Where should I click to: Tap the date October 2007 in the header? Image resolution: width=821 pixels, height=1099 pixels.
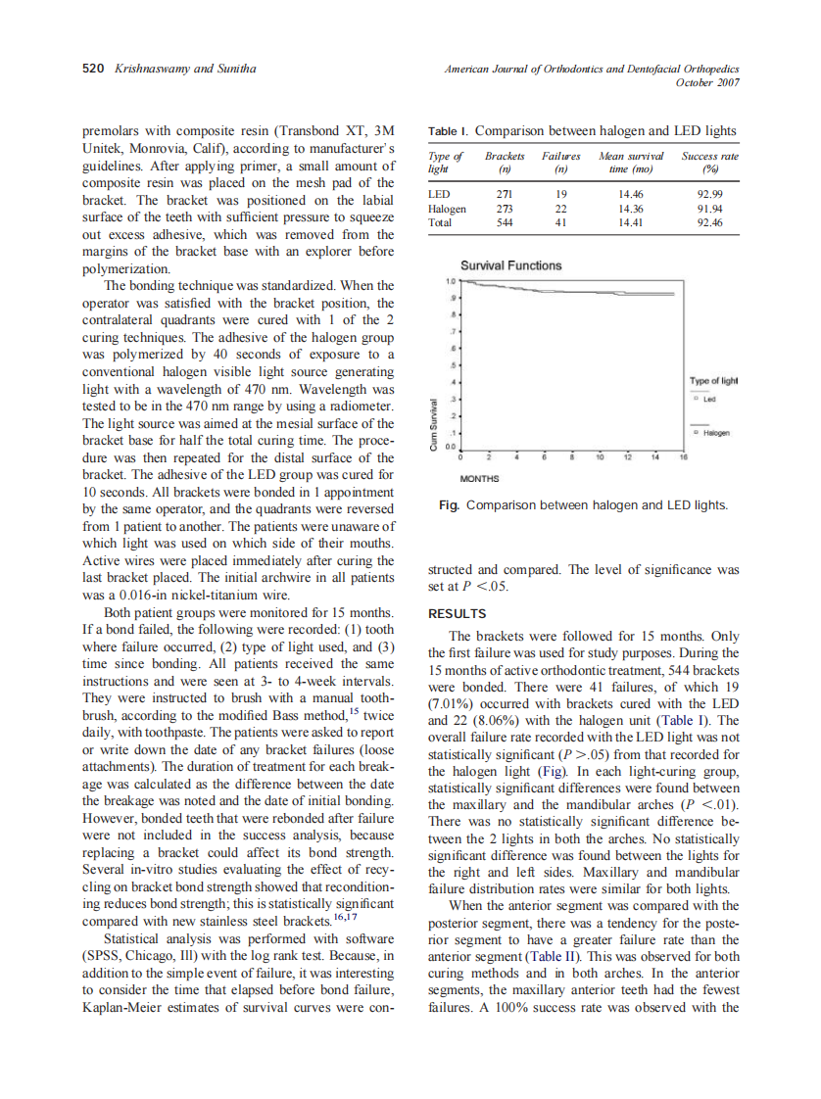pos(707,82)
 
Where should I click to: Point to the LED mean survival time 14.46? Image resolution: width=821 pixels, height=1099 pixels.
pos(631,194)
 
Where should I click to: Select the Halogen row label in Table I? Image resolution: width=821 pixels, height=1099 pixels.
pos(448,209)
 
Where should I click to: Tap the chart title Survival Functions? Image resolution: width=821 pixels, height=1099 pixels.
pos(510,265)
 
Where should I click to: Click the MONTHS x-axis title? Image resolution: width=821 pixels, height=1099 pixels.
pos(480,479)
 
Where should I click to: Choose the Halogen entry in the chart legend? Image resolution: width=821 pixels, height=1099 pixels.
pos(714,432)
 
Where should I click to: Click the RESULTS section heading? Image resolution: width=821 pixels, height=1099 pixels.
pos(457,614)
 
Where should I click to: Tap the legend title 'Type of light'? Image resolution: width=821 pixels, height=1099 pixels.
pos(713,381)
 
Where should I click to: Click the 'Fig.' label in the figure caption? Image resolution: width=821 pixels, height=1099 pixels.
pos(451,505)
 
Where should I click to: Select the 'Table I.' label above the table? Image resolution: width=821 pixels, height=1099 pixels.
pos(449,131)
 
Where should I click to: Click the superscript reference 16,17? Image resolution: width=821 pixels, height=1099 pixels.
pos(344,915)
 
